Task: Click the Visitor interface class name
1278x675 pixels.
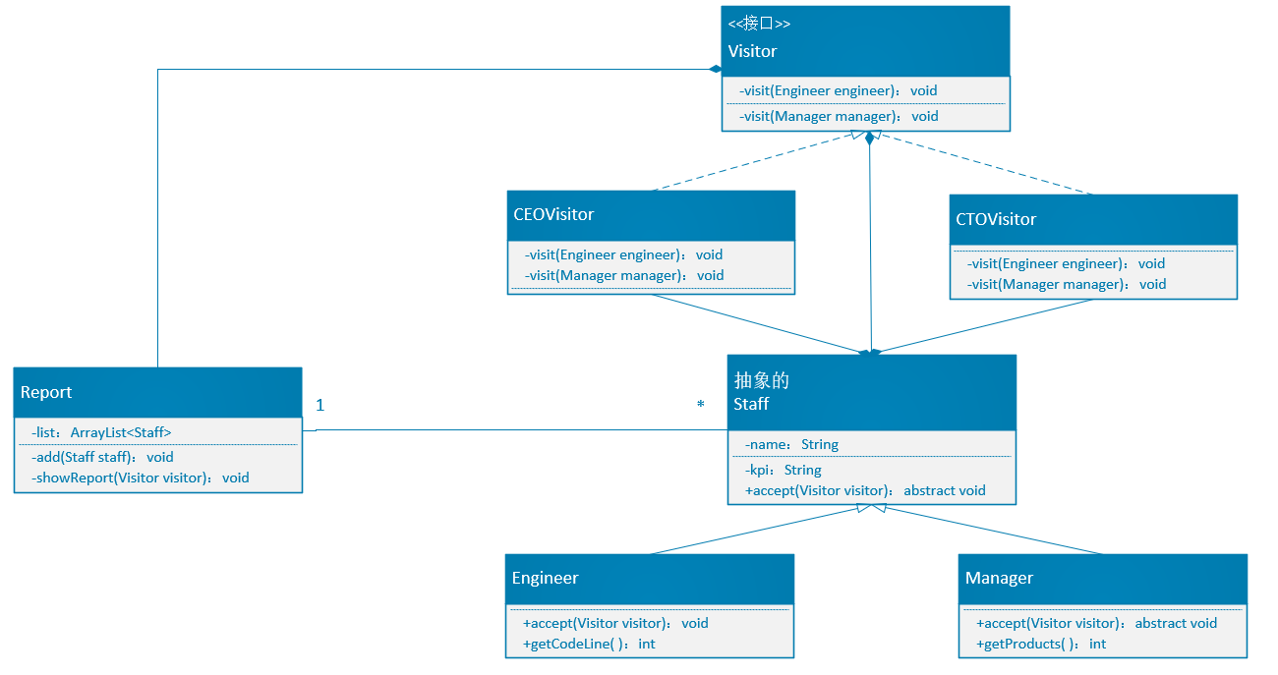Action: coord(752,51)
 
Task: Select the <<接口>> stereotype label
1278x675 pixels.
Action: coord(759,24)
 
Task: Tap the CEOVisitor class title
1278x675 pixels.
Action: coord(553,214)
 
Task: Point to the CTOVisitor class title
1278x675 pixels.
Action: coord(996,219)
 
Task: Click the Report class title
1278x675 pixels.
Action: coord(46,392)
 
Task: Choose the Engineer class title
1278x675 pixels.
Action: coord(545,578)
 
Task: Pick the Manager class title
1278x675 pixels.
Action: coord(999,578)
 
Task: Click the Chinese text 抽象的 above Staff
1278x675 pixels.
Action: coord(761,380)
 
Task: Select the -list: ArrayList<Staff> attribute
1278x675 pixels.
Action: coord(101,432)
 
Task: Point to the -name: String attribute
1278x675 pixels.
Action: coord(792,445)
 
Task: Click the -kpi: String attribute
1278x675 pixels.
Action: coord(784,470)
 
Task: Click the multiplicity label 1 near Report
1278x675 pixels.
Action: coord(320,406)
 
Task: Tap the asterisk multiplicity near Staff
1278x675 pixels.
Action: coord(701,404)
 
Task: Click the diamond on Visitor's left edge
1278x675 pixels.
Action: coord(716,69)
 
